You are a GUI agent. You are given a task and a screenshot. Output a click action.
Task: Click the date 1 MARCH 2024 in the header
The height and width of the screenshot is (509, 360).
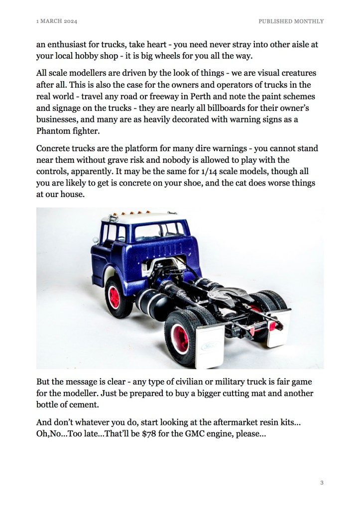57,21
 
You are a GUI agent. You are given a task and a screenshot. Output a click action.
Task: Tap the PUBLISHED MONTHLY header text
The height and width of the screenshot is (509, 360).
291,21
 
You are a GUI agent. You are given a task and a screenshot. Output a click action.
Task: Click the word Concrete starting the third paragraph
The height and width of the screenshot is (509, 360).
54,148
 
